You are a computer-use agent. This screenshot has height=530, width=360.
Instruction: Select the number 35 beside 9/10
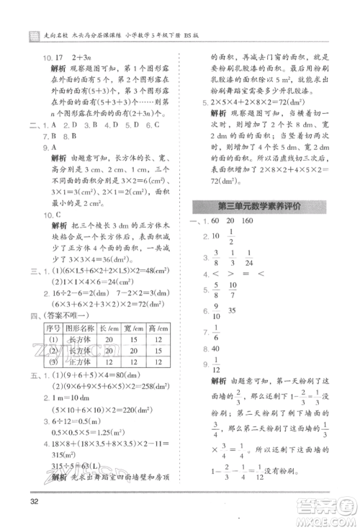[232, 311]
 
